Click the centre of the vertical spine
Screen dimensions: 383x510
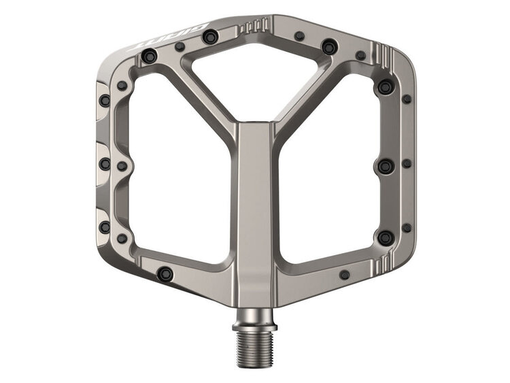[256, 204]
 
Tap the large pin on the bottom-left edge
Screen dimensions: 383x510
[163, 273]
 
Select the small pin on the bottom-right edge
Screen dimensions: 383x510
[345, 275]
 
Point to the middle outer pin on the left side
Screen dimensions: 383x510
[105, 164]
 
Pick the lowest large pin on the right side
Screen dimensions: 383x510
[385, 237]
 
